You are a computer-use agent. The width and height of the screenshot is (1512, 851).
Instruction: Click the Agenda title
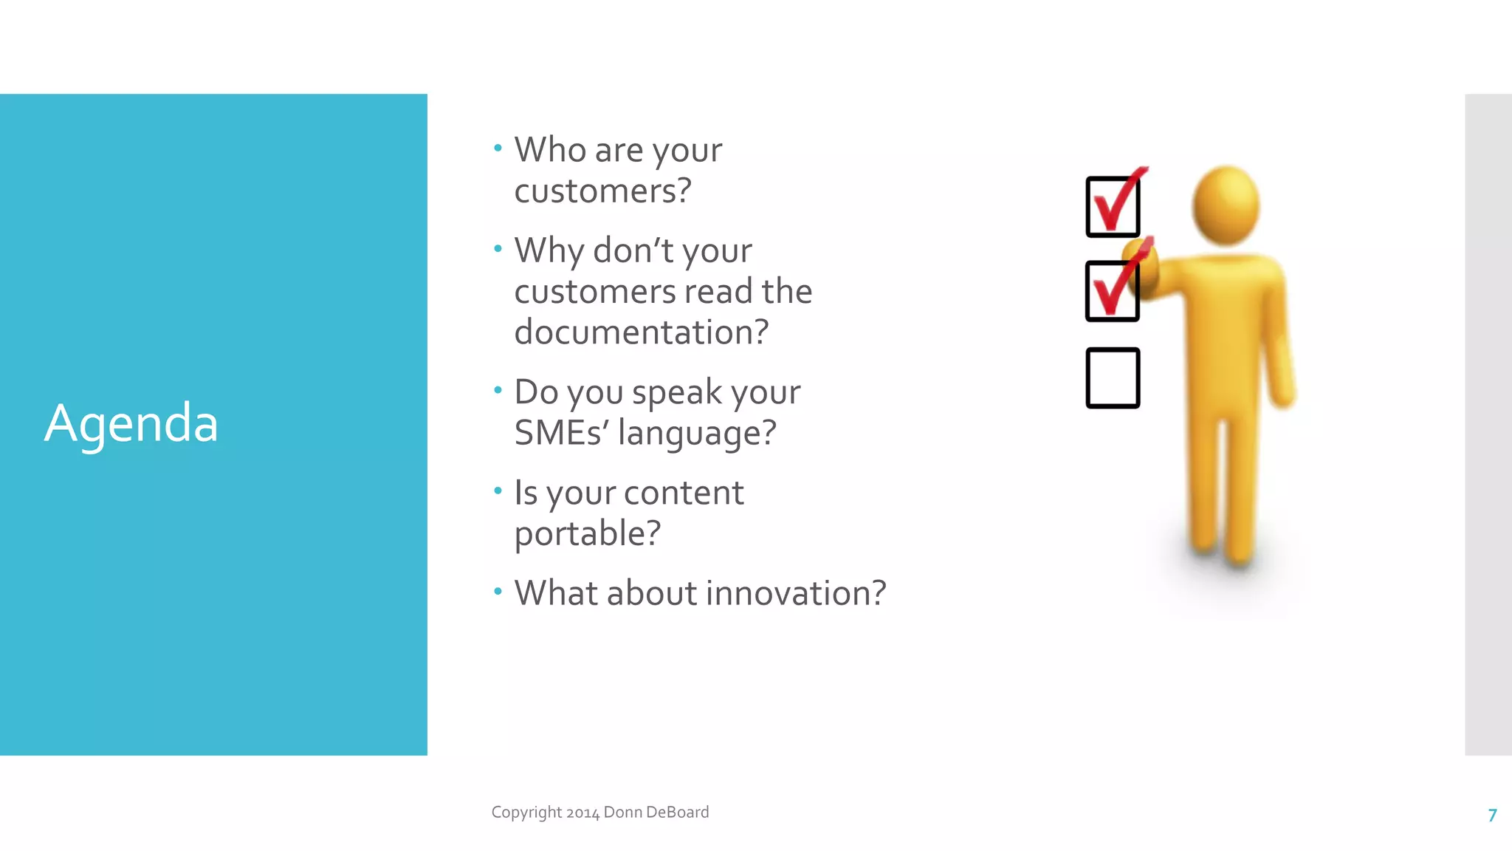pyautogui.click(x=131, y=423)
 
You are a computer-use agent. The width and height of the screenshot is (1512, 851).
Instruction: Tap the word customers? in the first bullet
pyautogui.click(x=602, y=191)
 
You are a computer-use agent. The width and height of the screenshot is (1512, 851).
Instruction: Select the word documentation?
pyautogui.click(x=641, y=332)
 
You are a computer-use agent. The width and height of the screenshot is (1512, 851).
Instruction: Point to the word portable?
pyautogui.click(x=587, y=533)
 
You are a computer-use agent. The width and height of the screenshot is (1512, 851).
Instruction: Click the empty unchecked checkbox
pyautogui.click(x=1113, y=378)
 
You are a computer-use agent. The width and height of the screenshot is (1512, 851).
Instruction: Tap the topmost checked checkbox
pyautogui.click(x=1113, y=207)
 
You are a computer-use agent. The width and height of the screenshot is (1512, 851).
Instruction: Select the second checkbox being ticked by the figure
pyautogui.click(x=1113, y=291)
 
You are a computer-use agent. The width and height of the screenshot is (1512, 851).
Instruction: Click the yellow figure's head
pyautogui.click(x=1226, y=205)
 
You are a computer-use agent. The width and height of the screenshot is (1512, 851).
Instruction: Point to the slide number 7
pyautogui.click(x=1492, y=815)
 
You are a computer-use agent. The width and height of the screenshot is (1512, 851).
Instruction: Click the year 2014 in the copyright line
pyautogui.click(x=583, y=813)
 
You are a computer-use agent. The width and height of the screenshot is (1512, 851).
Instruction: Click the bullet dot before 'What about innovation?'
pyautogui.click(x=498, y=591)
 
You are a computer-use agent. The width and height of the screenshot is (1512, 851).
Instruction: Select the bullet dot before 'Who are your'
pyautogui.click(x=498, y=148)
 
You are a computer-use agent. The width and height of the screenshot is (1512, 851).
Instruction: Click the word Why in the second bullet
pyautogui.click(x=549, y=251)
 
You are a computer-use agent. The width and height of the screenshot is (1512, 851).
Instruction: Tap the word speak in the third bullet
pyautogui.click(x=676, y=392)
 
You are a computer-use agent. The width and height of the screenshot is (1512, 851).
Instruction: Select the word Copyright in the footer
pyautogui.click(x=526, y=813)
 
